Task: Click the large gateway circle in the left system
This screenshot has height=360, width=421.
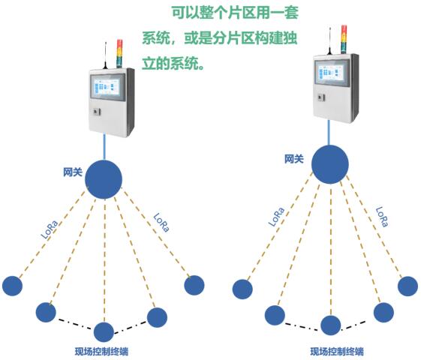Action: coord(104,179)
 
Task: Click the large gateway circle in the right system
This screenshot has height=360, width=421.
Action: coord(330,164)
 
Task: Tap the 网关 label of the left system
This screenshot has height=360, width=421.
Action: coord(73,172)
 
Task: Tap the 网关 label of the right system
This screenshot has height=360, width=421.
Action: coord(294,159)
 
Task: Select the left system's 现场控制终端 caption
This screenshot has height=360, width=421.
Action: coord(101,352)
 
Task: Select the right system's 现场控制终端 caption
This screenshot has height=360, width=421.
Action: coord(337,351)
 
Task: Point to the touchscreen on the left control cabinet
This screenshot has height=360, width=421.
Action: coord(107,87)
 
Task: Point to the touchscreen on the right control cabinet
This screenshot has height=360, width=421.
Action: coord(332,73)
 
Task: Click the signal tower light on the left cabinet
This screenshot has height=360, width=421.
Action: coord(119,54)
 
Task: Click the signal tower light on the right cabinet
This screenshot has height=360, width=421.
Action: coord(344,39)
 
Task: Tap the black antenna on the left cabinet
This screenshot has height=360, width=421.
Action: coord(106,55)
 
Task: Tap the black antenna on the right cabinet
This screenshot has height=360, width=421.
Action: coord(329,41)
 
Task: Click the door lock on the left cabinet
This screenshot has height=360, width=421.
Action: coord(97,112)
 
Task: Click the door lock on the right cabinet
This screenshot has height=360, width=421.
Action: coord(321,97)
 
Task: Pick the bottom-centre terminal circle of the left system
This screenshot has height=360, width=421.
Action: coord(104,332)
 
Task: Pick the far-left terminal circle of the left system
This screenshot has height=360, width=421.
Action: coord(12,286)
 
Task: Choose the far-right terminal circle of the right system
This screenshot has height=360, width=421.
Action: coord(407,286)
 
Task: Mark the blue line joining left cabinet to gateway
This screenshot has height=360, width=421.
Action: coord(104,147)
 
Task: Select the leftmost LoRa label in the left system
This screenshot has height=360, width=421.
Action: coord(50,229)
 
